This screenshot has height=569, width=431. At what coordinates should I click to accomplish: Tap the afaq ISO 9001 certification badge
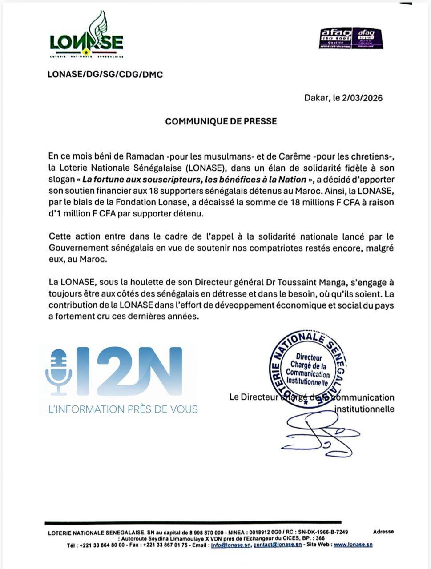point(336,39)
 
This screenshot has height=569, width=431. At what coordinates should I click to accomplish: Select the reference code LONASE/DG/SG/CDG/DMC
point(105,75)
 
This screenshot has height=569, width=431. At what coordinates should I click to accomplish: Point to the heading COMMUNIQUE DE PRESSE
point(221,121)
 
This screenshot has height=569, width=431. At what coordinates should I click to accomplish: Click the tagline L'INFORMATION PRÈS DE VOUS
point(123,409)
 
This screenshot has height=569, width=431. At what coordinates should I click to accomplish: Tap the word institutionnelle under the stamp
point(364,409)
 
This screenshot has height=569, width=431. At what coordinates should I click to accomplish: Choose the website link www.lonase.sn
point(353,545)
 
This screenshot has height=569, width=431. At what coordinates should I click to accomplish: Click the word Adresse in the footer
point(383,532)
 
